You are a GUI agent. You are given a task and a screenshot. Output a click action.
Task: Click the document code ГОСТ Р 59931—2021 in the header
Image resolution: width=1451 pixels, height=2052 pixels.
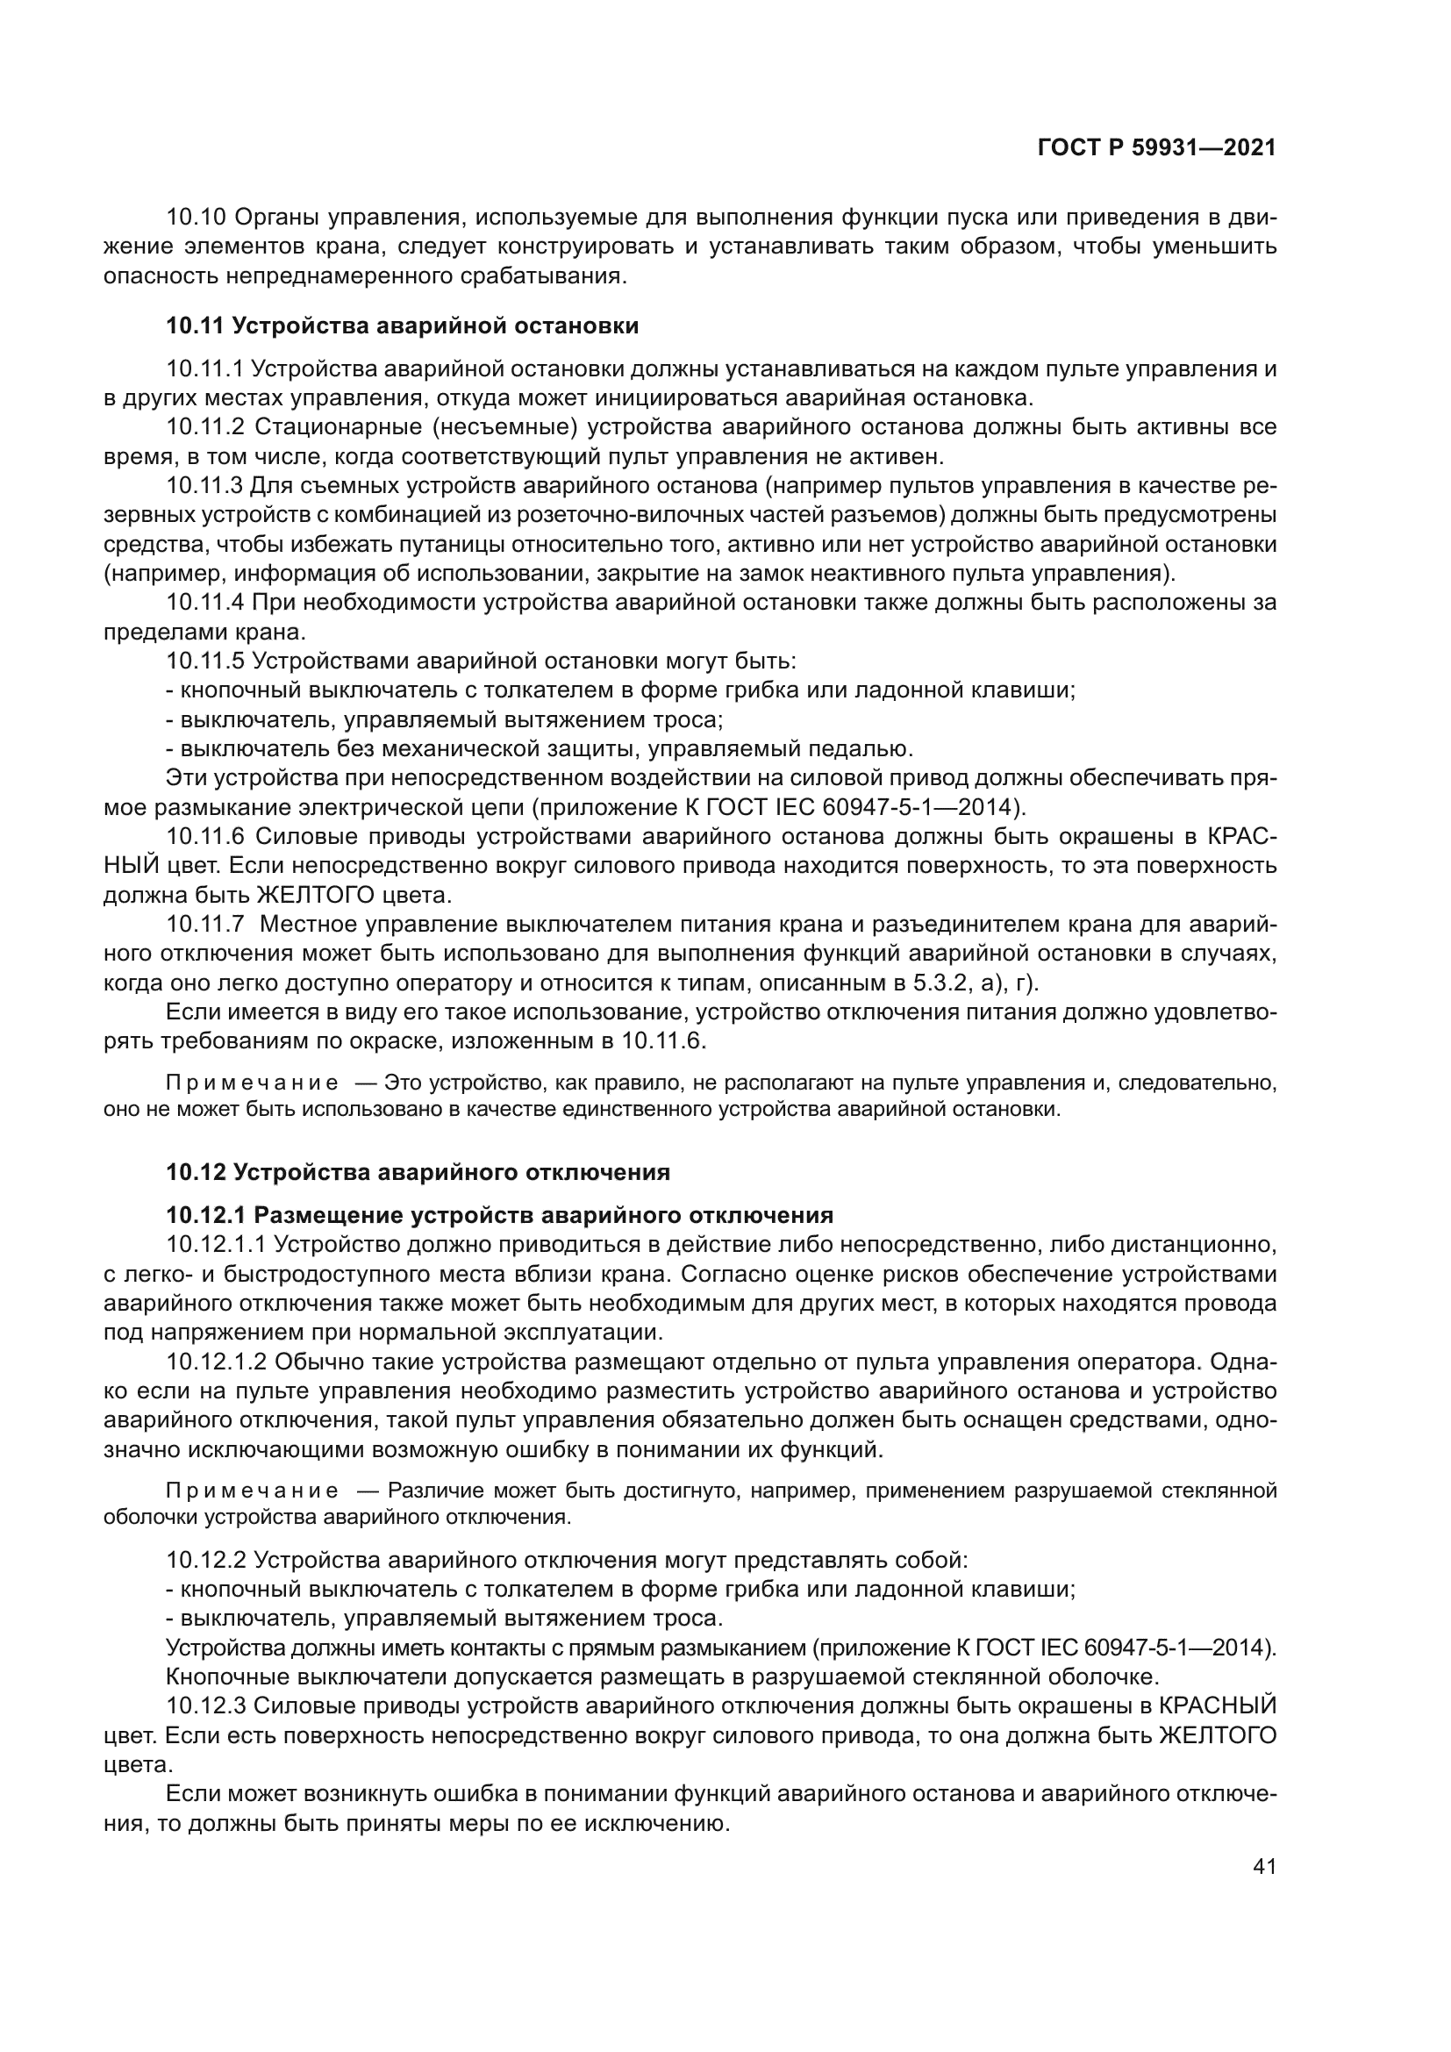1156,148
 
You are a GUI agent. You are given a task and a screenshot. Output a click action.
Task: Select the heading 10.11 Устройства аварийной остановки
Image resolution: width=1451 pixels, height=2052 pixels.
402,325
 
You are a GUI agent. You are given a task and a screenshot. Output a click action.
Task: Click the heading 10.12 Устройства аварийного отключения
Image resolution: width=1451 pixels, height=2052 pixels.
418,1172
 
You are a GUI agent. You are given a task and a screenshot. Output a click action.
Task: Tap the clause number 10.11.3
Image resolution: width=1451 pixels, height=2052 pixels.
204,486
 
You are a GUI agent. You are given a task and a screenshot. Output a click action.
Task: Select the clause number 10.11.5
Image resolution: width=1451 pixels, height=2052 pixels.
204,661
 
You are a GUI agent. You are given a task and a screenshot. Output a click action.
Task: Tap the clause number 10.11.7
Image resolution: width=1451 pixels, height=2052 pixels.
204,925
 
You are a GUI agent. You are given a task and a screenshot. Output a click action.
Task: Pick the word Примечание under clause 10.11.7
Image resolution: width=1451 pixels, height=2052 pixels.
252,1084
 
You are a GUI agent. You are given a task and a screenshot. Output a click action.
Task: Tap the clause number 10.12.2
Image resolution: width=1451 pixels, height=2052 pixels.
204,1561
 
